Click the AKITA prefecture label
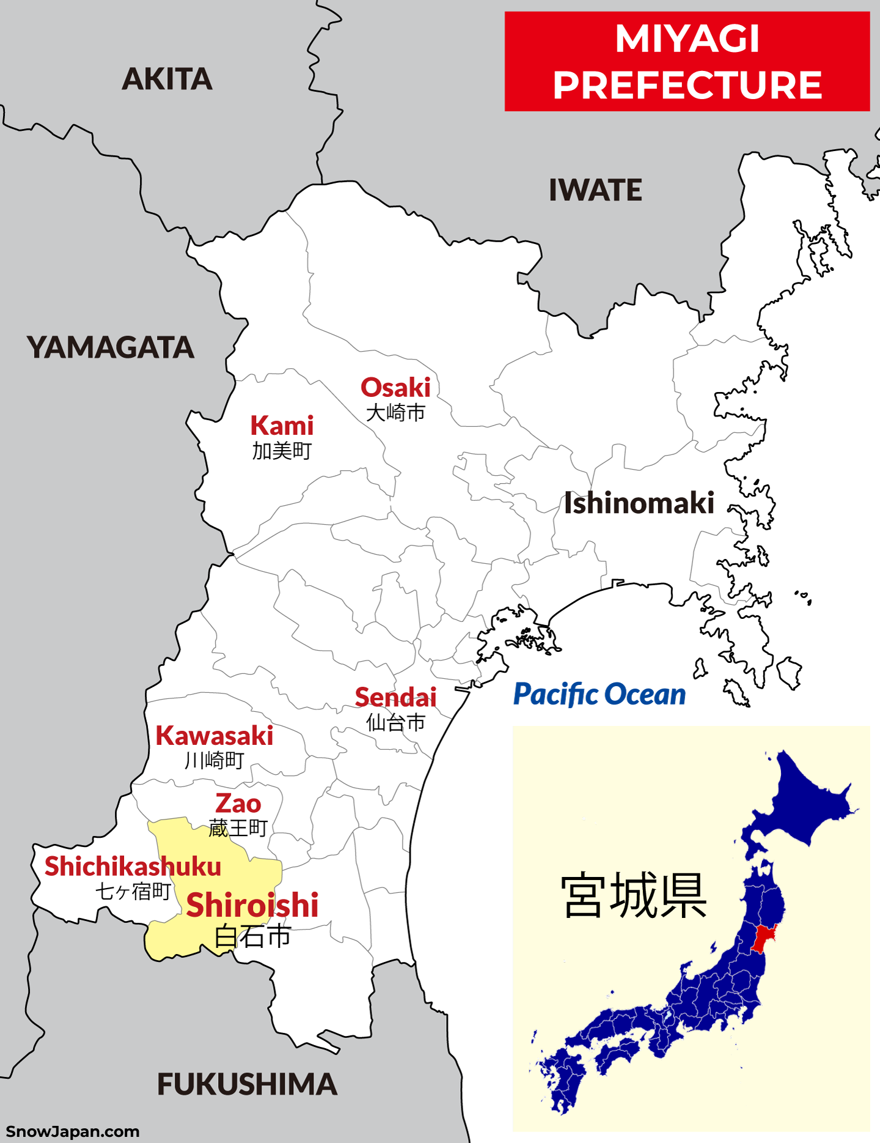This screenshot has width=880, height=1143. pos(167,80)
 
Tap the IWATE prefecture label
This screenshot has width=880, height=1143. pos(595,190)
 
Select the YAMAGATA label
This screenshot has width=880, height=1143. pos(111,347)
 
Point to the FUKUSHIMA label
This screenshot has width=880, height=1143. pos(247,1084)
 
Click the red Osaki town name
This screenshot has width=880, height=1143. pos(395,388)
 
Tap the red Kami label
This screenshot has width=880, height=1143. pos(282,426)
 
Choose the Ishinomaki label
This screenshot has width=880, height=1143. pos(639,503)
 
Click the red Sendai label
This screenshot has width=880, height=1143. pos(395,697)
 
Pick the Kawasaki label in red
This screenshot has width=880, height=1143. pos(215,736)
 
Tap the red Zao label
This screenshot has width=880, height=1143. pos(238,803)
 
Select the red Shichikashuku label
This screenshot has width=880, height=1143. pos(133,867)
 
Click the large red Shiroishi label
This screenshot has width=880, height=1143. pos(252,905)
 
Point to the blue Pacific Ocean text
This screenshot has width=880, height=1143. pos(599,695)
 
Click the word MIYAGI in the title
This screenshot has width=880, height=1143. pos(687,39)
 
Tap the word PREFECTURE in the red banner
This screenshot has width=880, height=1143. pos(687,84)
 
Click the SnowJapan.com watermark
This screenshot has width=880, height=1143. pos(72,1131)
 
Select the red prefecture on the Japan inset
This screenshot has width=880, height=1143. pos(762,939)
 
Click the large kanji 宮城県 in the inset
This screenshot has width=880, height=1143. pos(634,896)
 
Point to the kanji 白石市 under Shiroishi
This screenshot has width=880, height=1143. pos(253,936)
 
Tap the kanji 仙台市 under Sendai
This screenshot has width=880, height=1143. pos(395,723)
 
